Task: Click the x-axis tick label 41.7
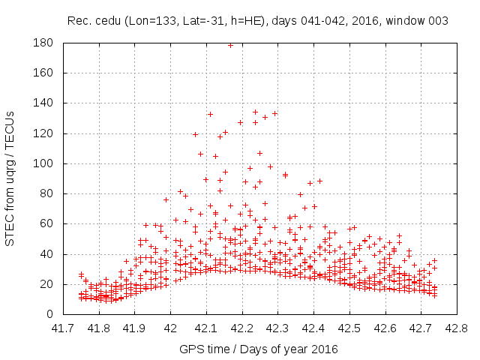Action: coord(62,328)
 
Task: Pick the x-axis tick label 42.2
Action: coord(241,328)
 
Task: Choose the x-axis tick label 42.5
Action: coord(349,328)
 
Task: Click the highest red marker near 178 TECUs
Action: coord(230,45)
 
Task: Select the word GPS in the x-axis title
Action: coord(190,349)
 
